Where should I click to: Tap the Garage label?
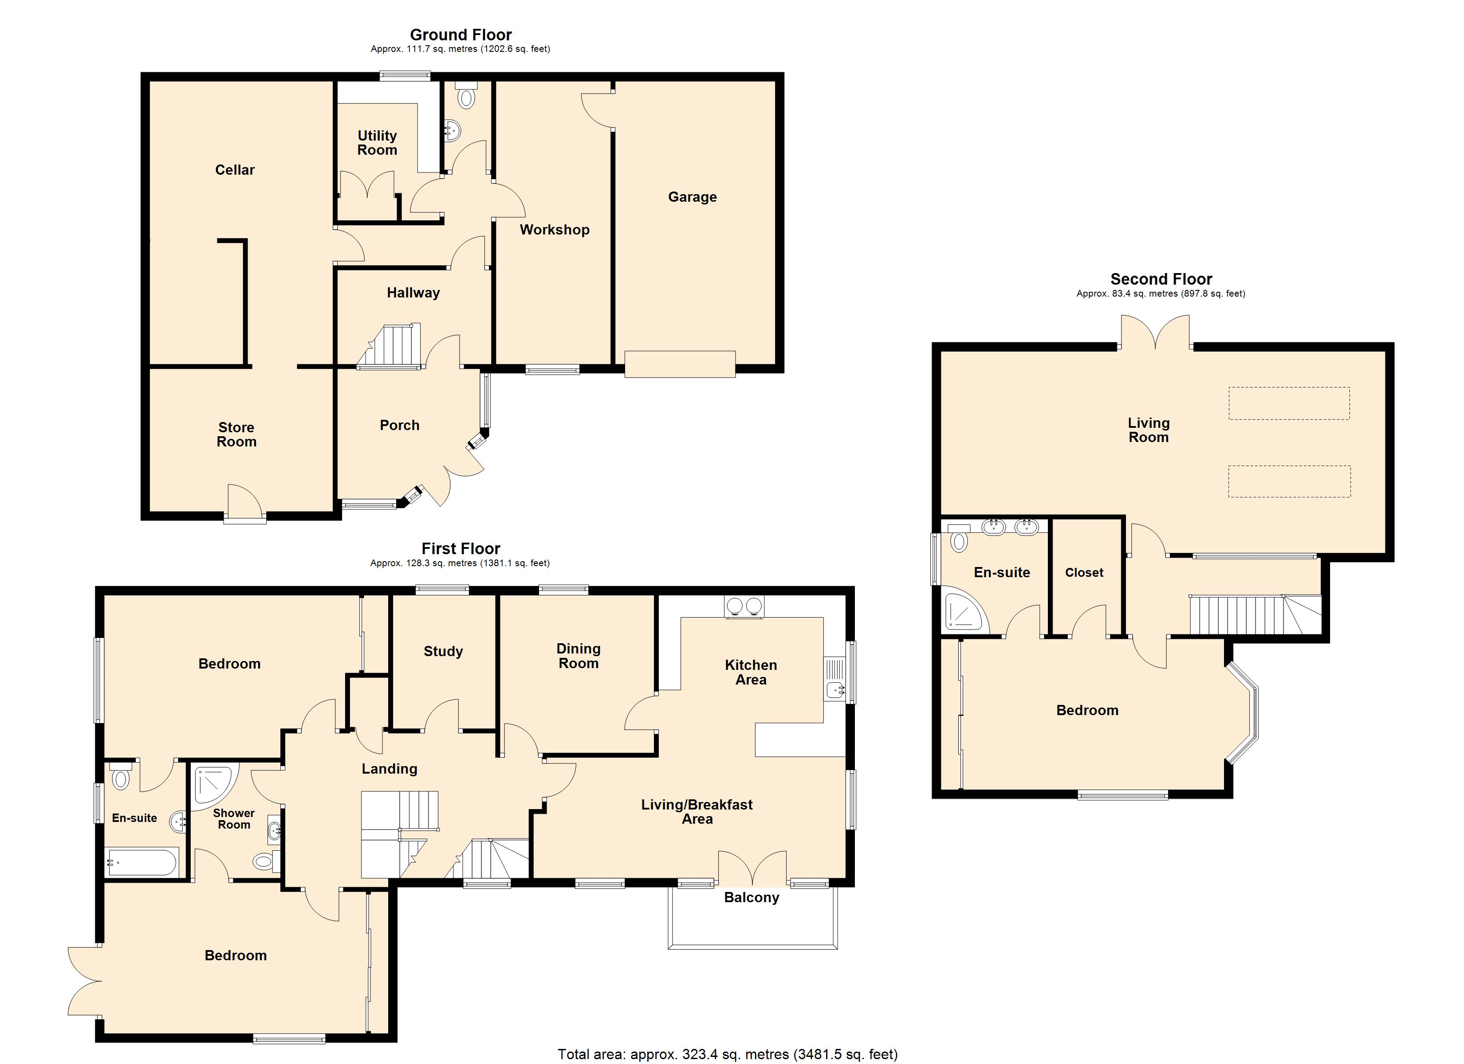click(692, 197)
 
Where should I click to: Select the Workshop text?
click(555, 230)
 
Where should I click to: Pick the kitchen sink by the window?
click(835, 679)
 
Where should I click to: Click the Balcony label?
click(752, 897)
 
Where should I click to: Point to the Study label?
click(443, 651)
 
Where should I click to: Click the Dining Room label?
click(579, 656)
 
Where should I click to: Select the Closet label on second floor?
click(1084, 572)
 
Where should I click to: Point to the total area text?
click(728, 1054)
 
